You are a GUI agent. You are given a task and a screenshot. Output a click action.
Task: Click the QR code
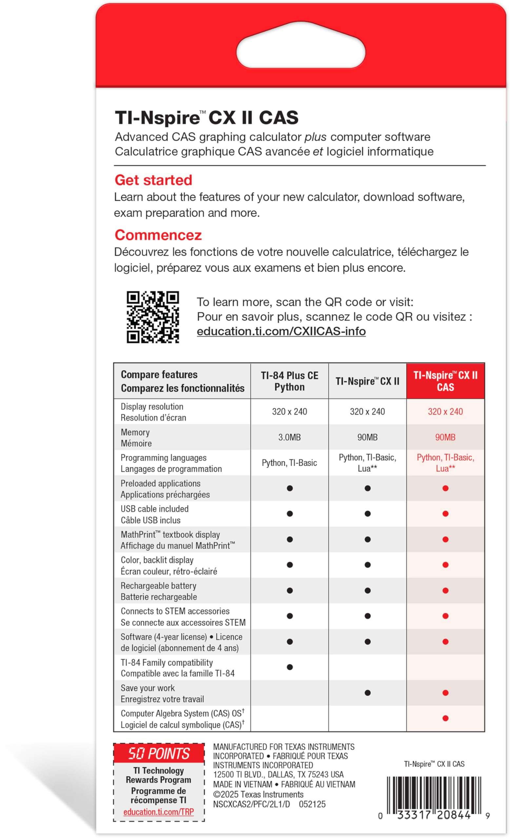click(x=152, y=317)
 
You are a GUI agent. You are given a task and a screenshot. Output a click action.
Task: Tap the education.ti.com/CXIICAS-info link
click(x=281, y=331)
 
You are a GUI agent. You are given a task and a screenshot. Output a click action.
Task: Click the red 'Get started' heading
click(x=153, y=180)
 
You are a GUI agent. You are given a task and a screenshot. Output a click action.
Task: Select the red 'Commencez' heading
click(x=158, y=235)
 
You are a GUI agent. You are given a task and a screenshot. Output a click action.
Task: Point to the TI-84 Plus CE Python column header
click(x=289, y=381)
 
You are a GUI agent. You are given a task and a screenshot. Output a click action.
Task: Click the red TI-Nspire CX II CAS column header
click(x=445, y=381)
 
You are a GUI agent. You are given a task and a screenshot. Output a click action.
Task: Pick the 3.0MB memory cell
click(x=289, y=437)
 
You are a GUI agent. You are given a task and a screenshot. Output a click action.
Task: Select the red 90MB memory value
click(x=445, y=437)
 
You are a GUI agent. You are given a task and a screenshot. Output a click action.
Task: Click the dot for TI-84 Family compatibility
click(x=290, y=667)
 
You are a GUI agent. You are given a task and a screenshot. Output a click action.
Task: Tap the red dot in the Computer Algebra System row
click(x=445, y=718)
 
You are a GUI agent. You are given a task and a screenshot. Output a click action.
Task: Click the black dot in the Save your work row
click(x=367, y=693)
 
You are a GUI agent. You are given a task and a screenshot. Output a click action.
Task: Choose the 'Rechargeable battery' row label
click(x=158, y=586)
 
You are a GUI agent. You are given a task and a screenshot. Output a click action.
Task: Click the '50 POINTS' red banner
click(x=159, y=753)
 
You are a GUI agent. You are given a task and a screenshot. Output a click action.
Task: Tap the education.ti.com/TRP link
click(x=158, y=811)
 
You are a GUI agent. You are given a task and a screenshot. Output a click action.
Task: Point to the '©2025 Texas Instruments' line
click(x=258, y=794)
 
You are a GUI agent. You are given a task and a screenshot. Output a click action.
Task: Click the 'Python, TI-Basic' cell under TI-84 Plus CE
click(x=289, y=463)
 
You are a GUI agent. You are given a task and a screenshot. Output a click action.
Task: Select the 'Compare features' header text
click(x=159, y=375)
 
